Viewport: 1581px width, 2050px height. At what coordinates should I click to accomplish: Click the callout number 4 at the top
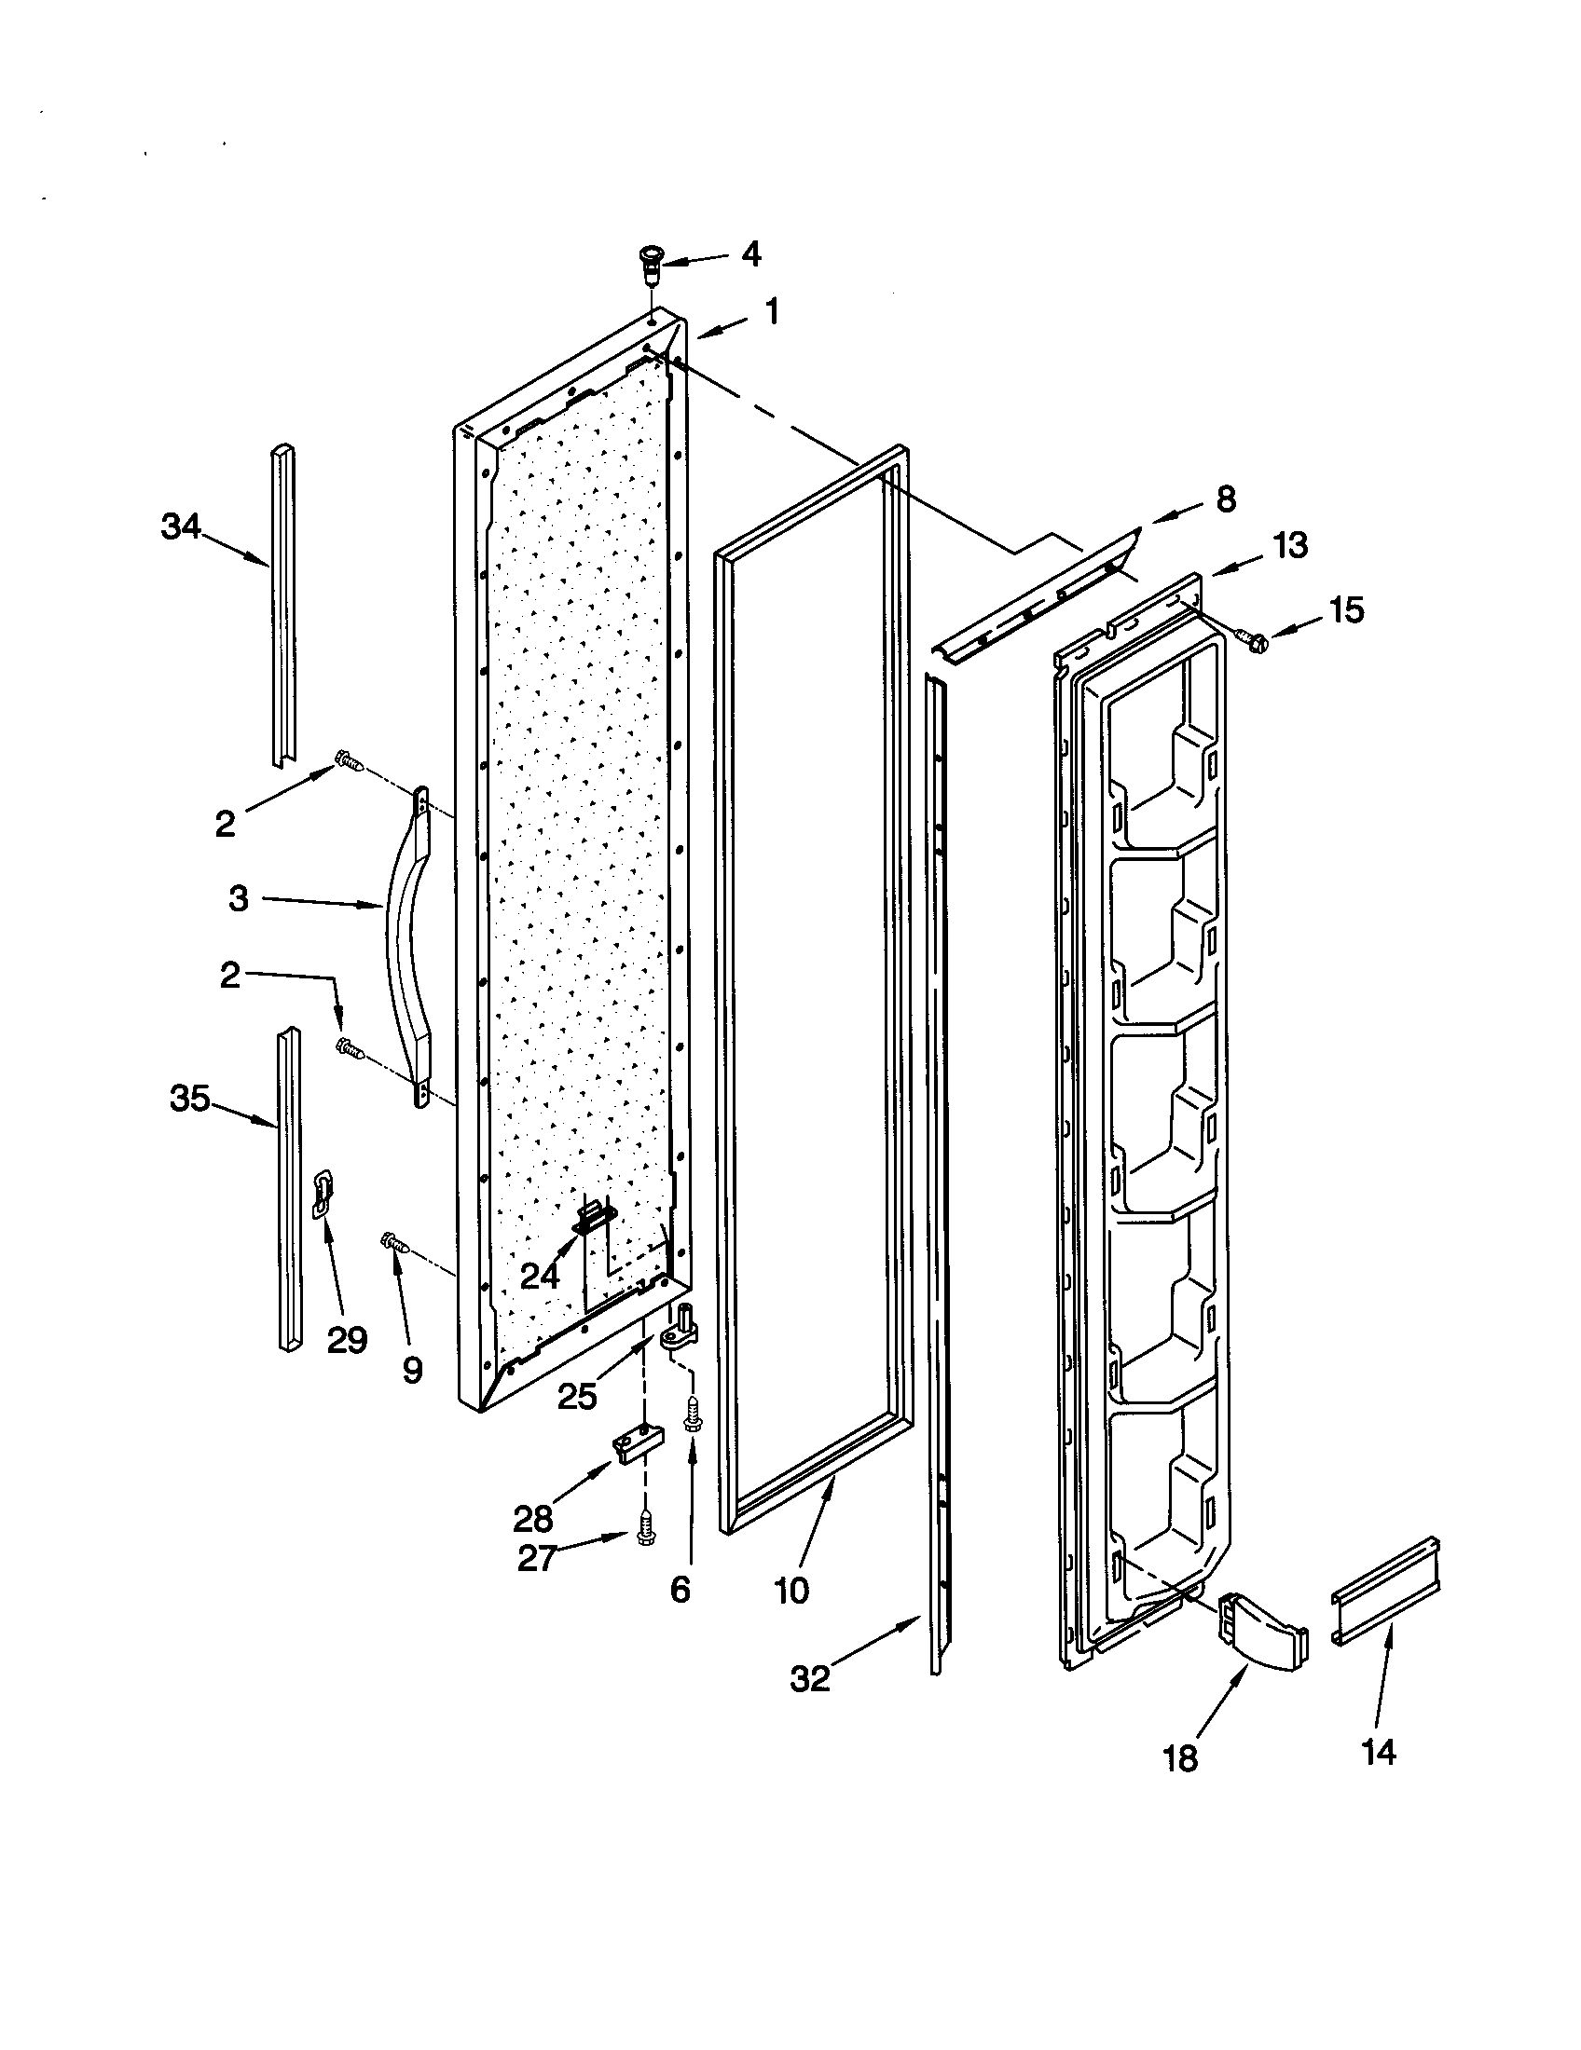click(x=751, y=254)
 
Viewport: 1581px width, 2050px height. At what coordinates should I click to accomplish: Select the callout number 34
click(x=181, y=527)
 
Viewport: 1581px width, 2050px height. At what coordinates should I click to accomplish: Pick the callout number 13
click(x=1291, y=545)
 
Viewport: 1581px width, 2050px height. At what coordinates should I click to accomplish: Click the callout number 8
click(x=1226, y=499)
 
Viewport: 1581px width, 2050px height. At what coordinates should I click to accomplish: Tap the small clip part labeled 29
click(x=322, y=1195)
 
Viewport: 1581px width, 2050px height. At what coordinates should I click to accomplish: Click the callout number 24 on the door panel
click(x=540, y=1274)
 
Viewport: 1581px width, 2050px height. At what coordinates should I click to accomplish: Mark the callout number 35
click(x=189, y=1098)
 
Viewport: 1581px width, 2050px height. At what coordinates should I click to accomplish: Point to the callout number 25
click(x=577, y=1396)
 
